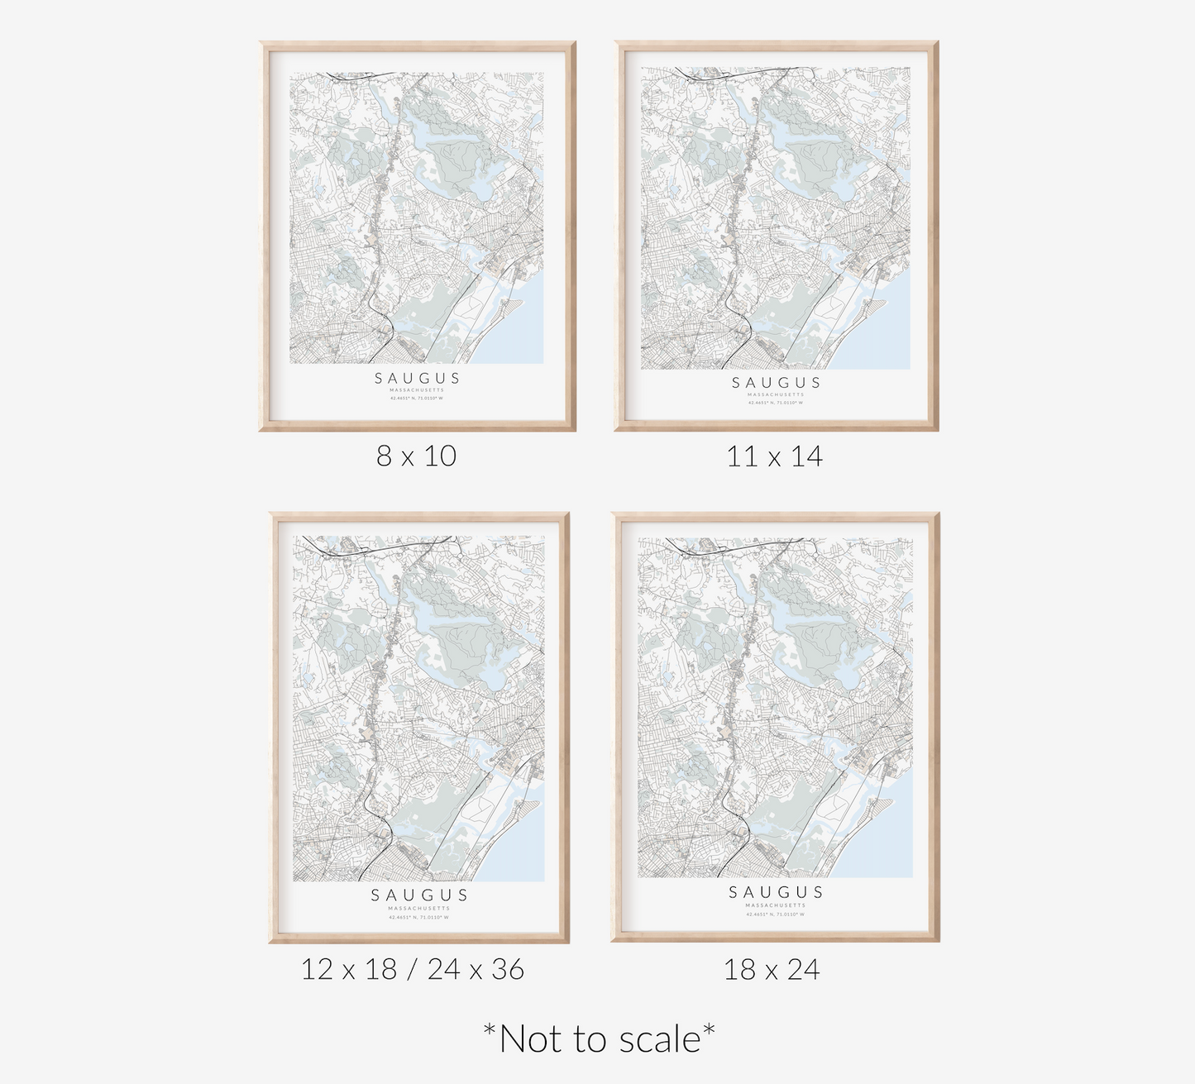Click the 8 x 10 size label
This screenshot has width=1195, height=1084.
tap(417, 456)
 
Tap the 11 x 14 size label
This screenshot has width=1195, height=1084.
tap(774, 456)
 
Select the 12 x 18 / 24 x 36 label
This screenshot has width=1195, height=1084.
tap(412, 968)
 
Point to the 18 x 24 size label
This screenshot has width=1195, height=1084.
tap(772, 968)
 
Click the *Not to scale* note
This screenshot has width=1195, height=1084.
tap(599, 1039)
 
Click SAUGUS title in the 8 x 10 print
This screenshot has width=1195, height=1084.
tap(418, 378)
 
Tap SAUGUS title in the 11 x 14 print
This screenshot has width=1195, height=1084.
tap(776, 382)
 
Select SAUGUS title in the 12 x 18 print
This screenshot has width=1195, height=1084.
tap(419, 895)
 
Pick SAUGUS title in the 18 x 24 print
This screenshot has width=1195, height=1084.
tap(776, 891)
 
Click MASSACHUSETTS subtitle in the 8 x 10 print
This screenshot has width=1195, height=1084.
tap(418, 389)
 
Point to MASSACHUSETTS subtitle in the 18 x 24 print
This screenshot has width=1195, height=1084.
tap(776, 905)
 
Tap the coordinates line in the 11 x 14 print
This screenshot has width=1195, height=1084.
tap(776, 403)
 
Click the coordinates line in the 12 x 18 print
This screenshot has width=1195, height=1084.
tap(419, 917)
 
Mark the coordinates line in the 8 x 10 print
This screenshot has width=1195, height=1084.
tap(418, 398)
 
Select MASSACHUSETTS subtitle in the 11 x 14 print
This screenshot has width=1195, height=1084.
tap(776, 394)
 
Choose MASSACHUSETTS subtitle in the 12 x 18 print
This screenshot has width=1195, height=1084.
tap(419, 908)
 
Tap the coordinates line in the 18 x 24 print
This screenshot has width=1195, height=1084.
tap(776, 914)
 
